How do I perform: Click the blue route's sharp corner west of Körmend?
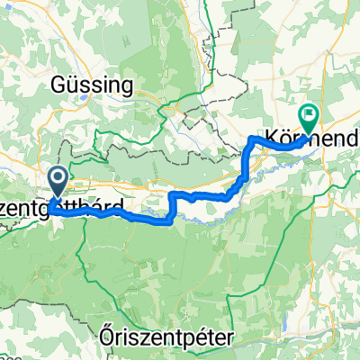249,138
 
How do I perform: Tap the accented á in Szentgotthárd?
113,206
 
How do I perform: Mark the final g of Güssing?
127,87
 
